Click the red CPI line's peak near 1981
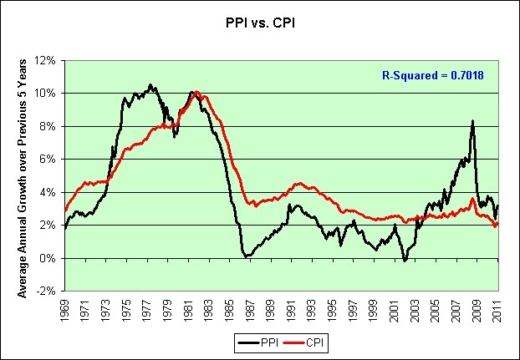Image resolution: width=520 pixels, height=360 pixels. point(196,92)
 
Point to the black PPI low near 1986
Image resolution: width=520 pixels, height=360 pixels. point(246,256)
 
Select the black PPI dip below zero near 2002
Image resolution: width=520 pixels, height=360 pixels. point(405,261)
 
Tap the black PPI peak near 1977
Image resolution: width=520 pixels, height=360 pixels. point(150,85)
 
